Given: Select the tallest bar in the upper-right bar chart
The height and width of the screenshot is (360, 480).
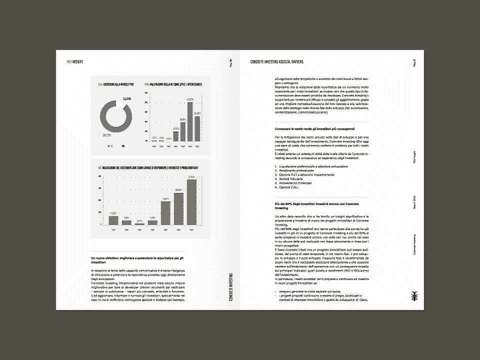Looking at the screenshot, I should click(190, 122).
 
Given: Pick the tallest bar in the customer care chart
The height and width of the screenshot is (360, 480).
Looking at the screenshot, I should click(192, 201).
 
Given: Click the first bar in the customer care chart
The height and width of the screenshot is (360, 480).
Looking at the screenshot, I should click(113, 219).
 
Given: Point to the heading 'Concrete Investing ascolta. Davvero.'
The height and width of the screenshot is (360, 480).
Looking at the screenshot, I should click(276, 61).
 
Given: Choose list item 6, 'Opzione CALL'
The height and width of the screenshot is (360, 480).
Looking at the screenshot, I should click(288, 187).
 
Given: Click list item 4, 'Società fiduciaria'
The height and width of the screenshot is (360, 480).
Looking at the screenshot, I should click(292, 178).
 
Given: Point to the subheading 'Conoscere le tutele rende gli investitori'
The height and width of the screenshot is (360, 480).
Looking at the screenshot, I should click(314, 129).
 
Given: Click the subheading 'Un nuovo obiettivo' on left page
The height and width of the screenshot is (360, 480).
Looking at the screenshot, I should click(137, 259).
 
